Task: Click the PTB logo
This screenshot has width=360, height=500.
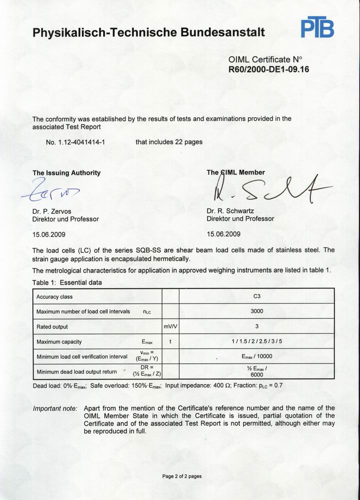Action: point(317,28)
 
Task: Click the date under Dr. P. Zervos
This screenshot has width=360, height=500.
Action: point(48,233)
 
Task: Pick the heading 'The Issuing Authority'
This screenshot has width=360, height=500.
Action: point(66,173)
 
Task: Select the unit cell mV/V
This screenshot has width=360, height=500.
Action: point(170,326)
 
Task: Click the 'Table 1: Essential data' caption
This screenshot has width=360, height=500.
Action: point(67,282)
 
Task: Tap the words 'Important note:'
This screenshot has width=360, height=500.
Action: point(55,408)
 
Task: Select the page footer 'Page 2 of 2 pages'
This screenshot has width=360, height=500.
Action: point(182,476)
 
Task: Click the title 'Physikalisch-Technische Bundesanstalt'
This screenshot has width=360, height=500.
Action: point(148,33)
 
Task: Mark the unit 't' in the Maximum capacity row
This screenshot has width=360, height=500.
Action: point(170,342)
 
